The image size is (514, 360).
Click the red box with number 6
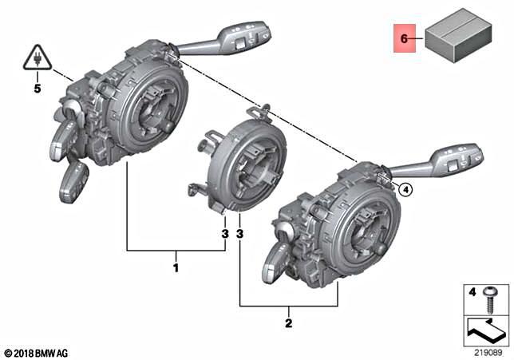[x=403, y=38]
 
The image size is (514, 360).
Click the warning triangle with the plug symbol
[x=36, y=57]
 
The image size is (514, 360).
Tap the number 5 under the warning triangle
[x=37, y=89]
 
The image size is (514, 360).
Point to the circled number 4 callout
[x=405, y=189]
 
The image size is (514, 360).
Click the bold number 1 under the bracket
[x=176, y=267]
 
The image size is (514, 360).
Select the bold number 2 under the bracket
[x=289, y=323]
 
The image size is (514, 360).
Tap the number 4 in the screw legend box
[x=472, y=293]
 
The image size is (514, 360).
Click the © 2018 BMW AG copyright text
[x=36, y=352]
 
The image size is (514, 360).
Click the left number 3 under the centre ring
[x=225, y=234]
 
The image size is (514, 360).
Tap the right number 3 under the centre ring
[x=239, y=234]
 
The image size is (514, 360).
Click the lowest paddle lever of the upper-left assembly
[x=74, y=180]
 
